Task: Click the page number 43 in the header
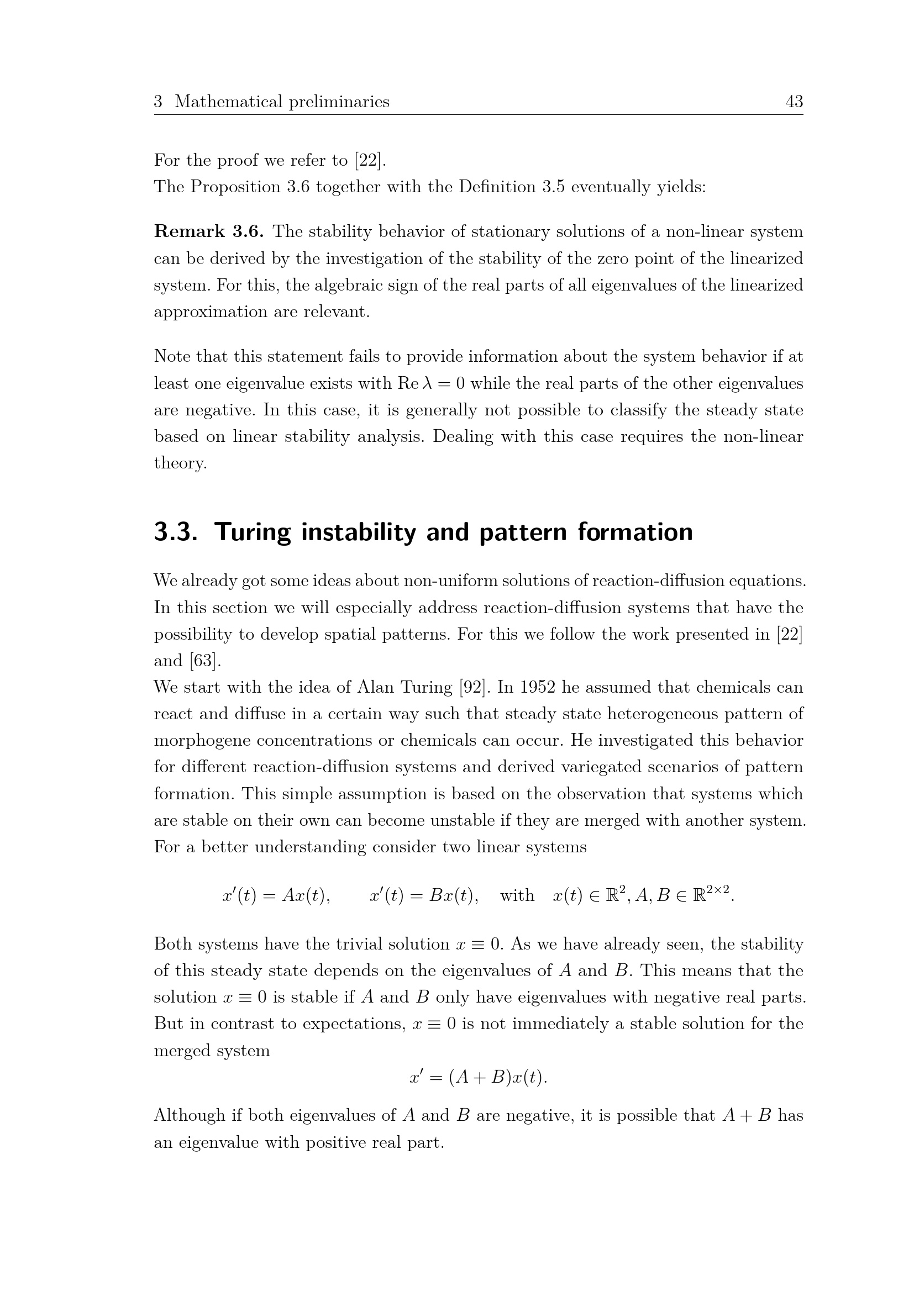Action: coord(794,102)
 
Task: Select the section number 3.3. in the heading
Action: coord(176,532)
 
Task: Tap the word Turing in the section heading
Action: coord(253,532)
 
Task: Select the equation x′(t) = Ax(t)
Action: coord(276,895)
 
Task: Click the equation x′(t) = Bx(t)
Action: coord(424,895)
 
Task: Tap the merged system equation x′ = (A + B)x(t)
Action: coord(479,1077)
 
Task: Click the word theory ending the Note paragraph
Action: coord(180,463)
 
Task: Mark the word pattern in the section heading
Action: coord(522,532)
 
